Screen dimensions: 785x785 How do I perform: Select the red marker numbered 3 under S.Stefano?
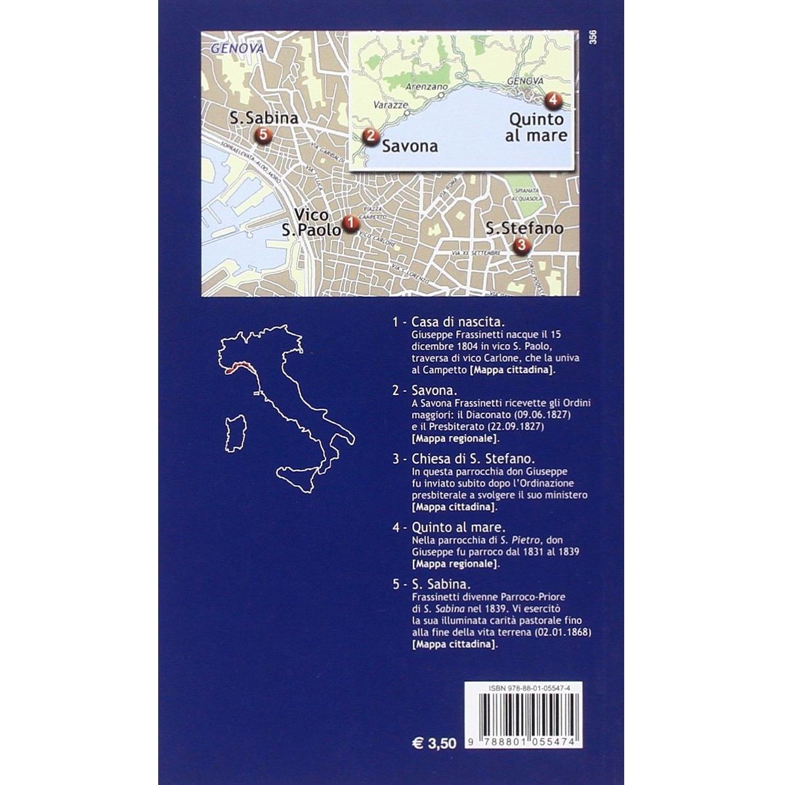521,245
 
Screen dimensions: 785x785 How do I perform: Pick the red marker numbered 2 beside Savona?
371,137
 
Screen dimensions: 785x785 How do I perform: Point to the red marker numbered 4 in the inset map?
553,100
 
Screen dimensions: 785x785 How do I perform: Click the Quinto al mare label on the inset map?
536,127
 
